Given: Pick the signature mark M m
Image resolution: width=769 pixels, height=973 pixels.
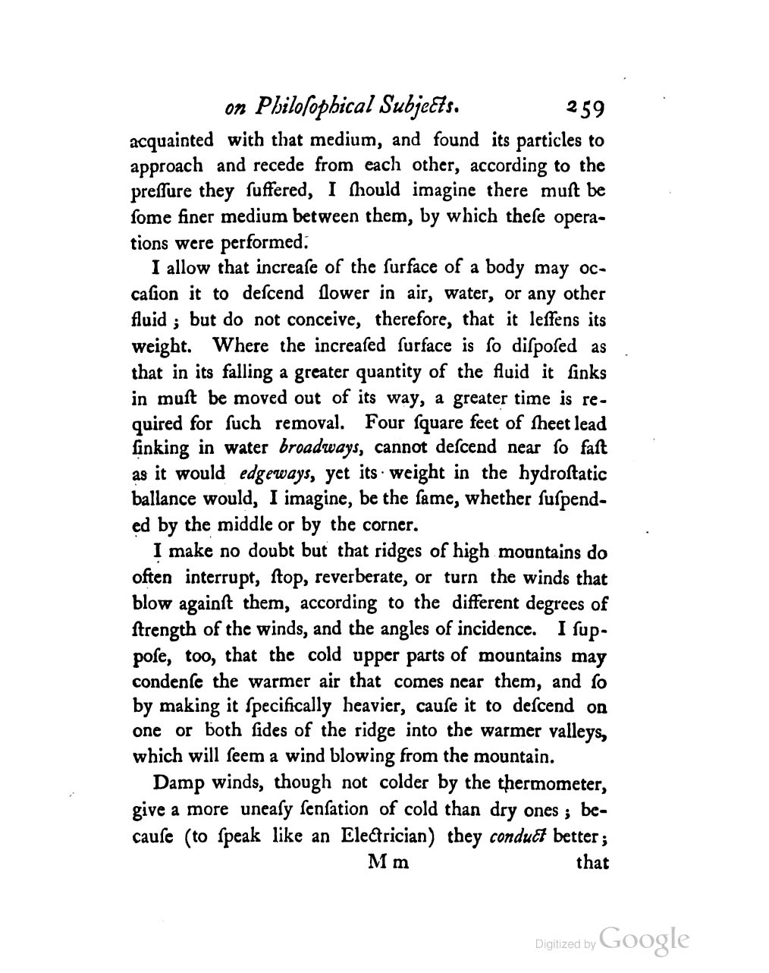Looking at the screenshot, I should click(x=388, y=863).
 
